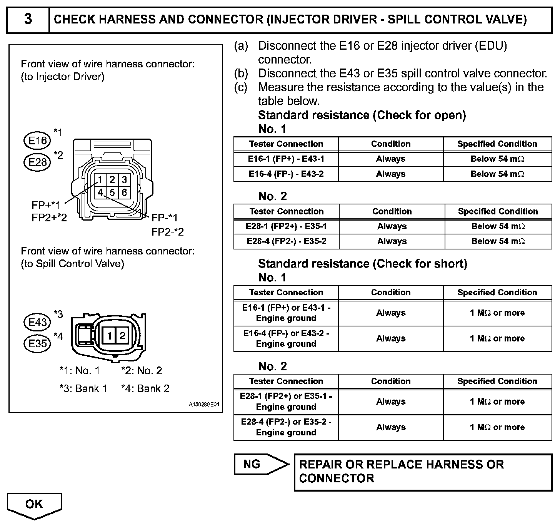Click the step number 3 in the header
tap(28, 19)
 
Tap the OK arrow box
tap(34, 504)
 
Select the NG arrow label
tap(252, 464)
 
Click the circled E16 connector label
tap(37, 141)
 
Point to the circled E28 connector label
tap(37, 162)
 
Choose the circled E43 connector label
tap(37, 322)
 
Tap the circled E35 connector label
tap(37, 343)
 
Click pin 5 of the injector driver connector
tap(112, 192)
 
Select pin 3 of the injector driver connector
tap(124, 180)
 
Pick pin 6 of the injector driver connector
tap(124, 192)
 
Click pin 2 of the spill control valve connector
tap(122, 336)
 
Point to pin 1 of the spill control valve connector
tap(109, 336)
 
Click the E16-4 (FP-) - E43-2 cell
tap(286, 174)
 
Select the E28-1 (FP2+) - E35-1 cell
tap(286, 226)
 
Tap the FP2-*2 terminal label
tap(168, 232)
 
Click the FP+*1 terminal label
tap(46, 205)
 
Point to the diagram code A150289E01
tap(204, 405)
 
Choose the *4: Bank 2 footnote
tap(145, 389)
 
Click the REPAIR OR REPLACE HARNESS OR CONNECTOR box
tap(423, 472)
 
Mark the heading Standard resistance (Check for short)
tap(362, 264)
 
